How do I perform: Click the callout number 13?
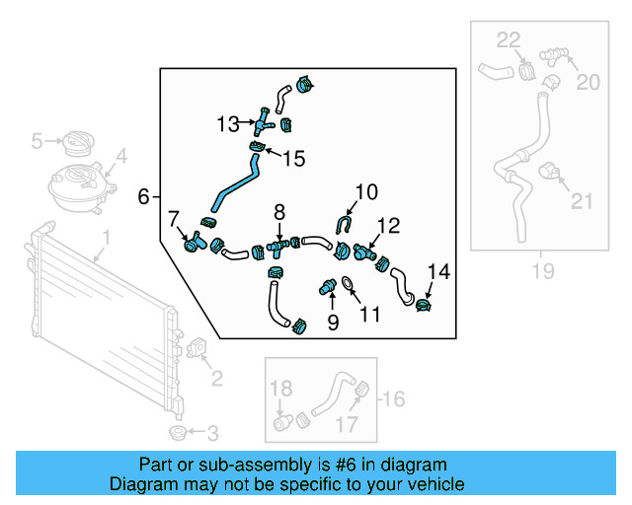tap(228, 124)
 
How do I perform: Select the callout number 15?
tap(295, 158)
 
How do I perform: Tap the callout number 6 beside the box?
tap(144, 197)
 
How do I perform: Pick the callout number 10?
tap(366, 191)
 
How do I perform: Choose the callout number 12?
tap(387, 226)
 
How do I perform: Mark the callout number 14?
tap(438, 269)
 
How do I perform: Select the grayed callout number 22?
tap(508, 39)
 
